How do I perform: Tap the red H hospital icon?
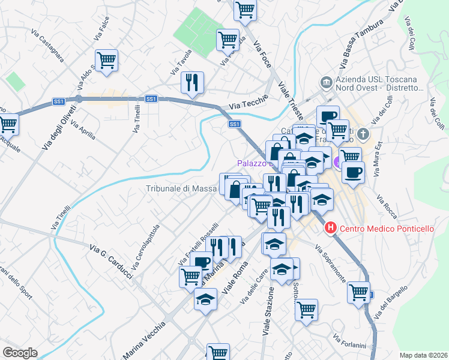coord(330,228)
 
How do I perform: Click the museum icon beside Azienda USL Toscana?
coord(325,81)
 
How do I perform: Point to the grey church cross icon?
coord(363,133)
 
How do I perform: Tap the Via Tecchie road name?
coord(243,106)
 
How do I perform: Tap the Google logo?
coord(19,353)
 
